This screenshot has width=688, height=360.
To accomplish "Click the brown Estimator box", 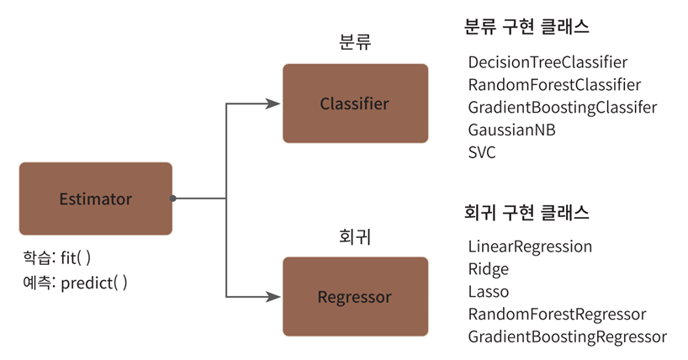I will coord(95,199).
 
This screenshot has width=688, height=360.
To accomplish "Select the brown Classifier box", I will coord(354,103).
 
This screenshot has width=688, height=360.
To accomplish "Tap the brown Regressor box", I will coord(354,297).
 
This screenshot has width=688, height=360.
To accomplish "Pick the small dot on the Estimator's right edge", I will coord(173,199).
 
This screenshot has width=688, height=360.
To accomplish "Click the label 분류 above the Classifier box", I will coord(354,43).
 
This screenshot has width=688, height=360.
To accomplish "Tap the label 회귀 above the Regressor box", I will coord(354,237).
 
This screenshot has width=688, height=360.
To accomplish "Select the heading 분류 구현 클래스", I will coord(527,27).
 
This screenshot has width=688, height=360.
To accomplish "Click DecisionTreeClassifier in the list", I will coord(548,62).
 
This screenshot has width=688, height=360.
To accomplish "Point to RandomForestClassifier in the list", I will coord(554,85).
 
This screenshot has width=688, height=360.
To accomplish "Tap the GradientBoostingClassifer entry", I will coord(562,108).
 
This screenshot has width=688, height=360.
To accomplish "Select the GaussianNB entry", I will coord(511,130).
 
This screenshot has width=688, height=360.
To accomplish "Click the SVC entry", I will coord(482,153).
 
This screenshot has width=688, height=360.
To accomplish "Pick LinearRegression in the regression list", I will coord(530,246).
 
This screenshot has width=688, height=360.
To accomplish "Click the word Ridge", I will coord(488,269).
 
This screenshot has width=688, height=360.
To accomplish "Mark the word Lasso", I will coord(488,292).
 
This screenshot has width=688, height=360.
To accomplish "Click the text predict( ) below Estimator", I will coord(94,283).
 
